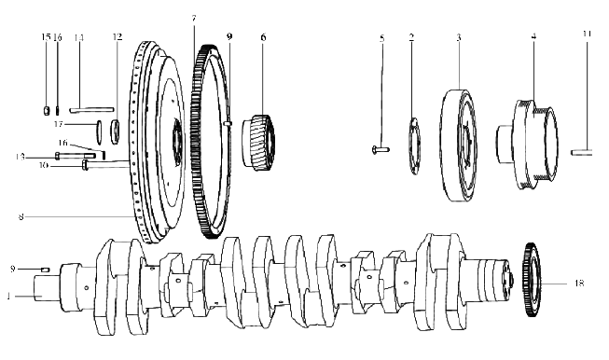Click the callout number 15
click(46, 37)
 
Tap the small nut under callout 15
click(47, 111)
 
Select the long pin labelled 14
click(91, 110)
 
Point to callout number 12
click(118, 37)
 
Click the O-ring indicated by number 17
click(99, 130)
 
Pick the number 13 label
click(21, 157)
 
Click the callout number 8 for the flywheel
click(21, 216)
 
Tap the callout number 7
click(194, 19)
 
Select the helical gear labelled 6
click(259, 142)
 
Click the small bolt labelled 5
click(381, 149)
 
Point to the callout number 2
click(411, 37)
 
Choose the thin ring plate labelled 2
click(415, 145)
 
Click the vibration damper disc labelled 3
click(459, 145)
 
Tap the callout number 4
click(534, 36)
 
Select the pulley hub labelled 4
click(528, 145)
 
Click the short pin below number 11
click(581, 152)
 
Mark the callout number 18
click(579, 284)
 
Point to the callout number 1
click(8, 297)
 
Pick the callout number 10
click(43, 165)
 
